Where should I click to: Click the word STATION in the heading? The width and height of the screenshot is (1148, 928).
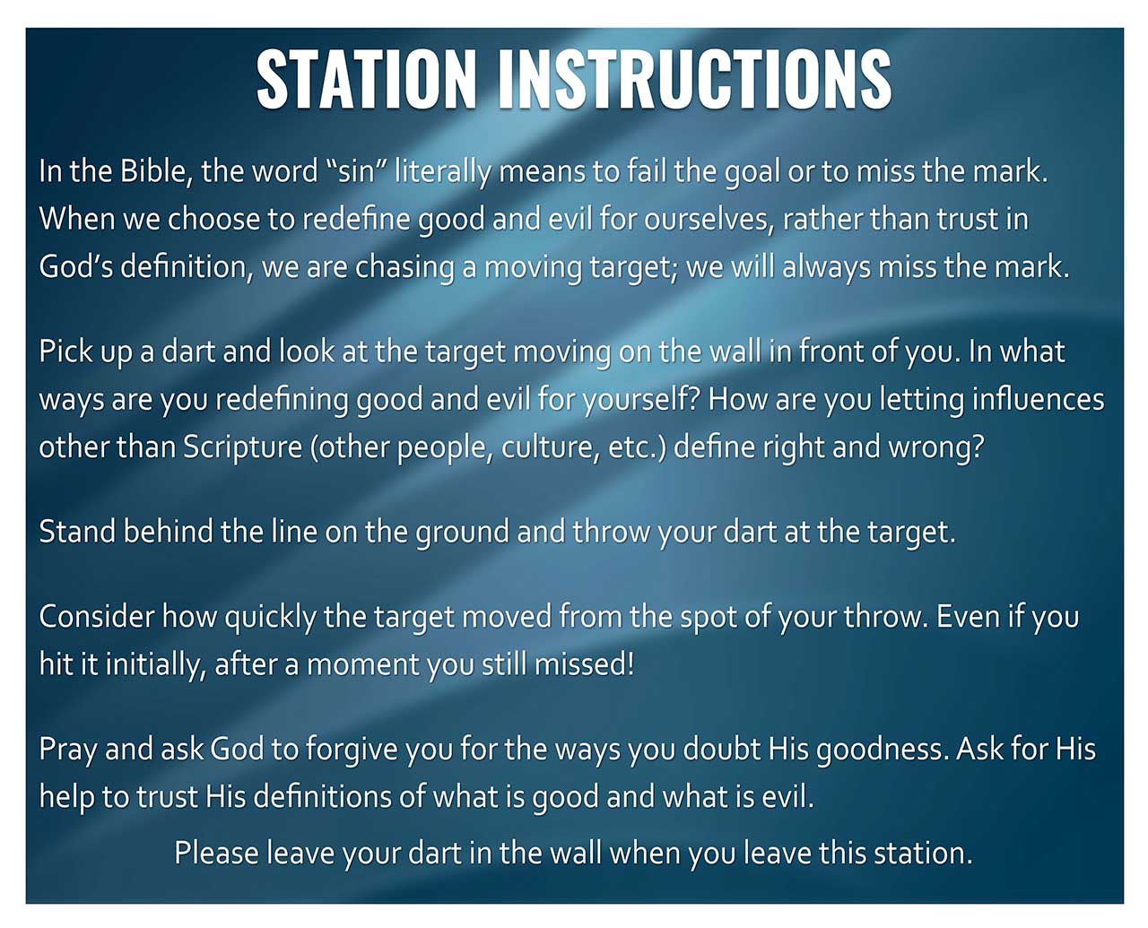pyautogui.click(x=366, y=79)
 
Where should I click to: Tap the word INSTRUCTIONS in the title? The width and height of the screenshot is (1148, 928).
pyautogui.click(x=695, y=79)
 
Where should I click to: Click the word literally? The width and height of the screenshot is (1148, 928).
pyautogui.click(x=442, y=172)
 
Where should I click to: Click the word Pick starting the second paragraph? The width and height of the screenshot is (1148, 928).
pyautogui.click(x=65, y=351)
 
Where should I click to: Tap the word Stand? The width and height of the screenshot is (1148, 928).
pyautogui.click(x=77, y=532)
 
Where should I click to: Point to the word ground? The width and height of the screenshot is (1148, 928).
pyautogui.click(x=462, y=533)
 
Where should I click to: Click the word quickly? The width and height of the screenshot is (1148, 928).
pyautogui.click(x=270, y=618)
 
